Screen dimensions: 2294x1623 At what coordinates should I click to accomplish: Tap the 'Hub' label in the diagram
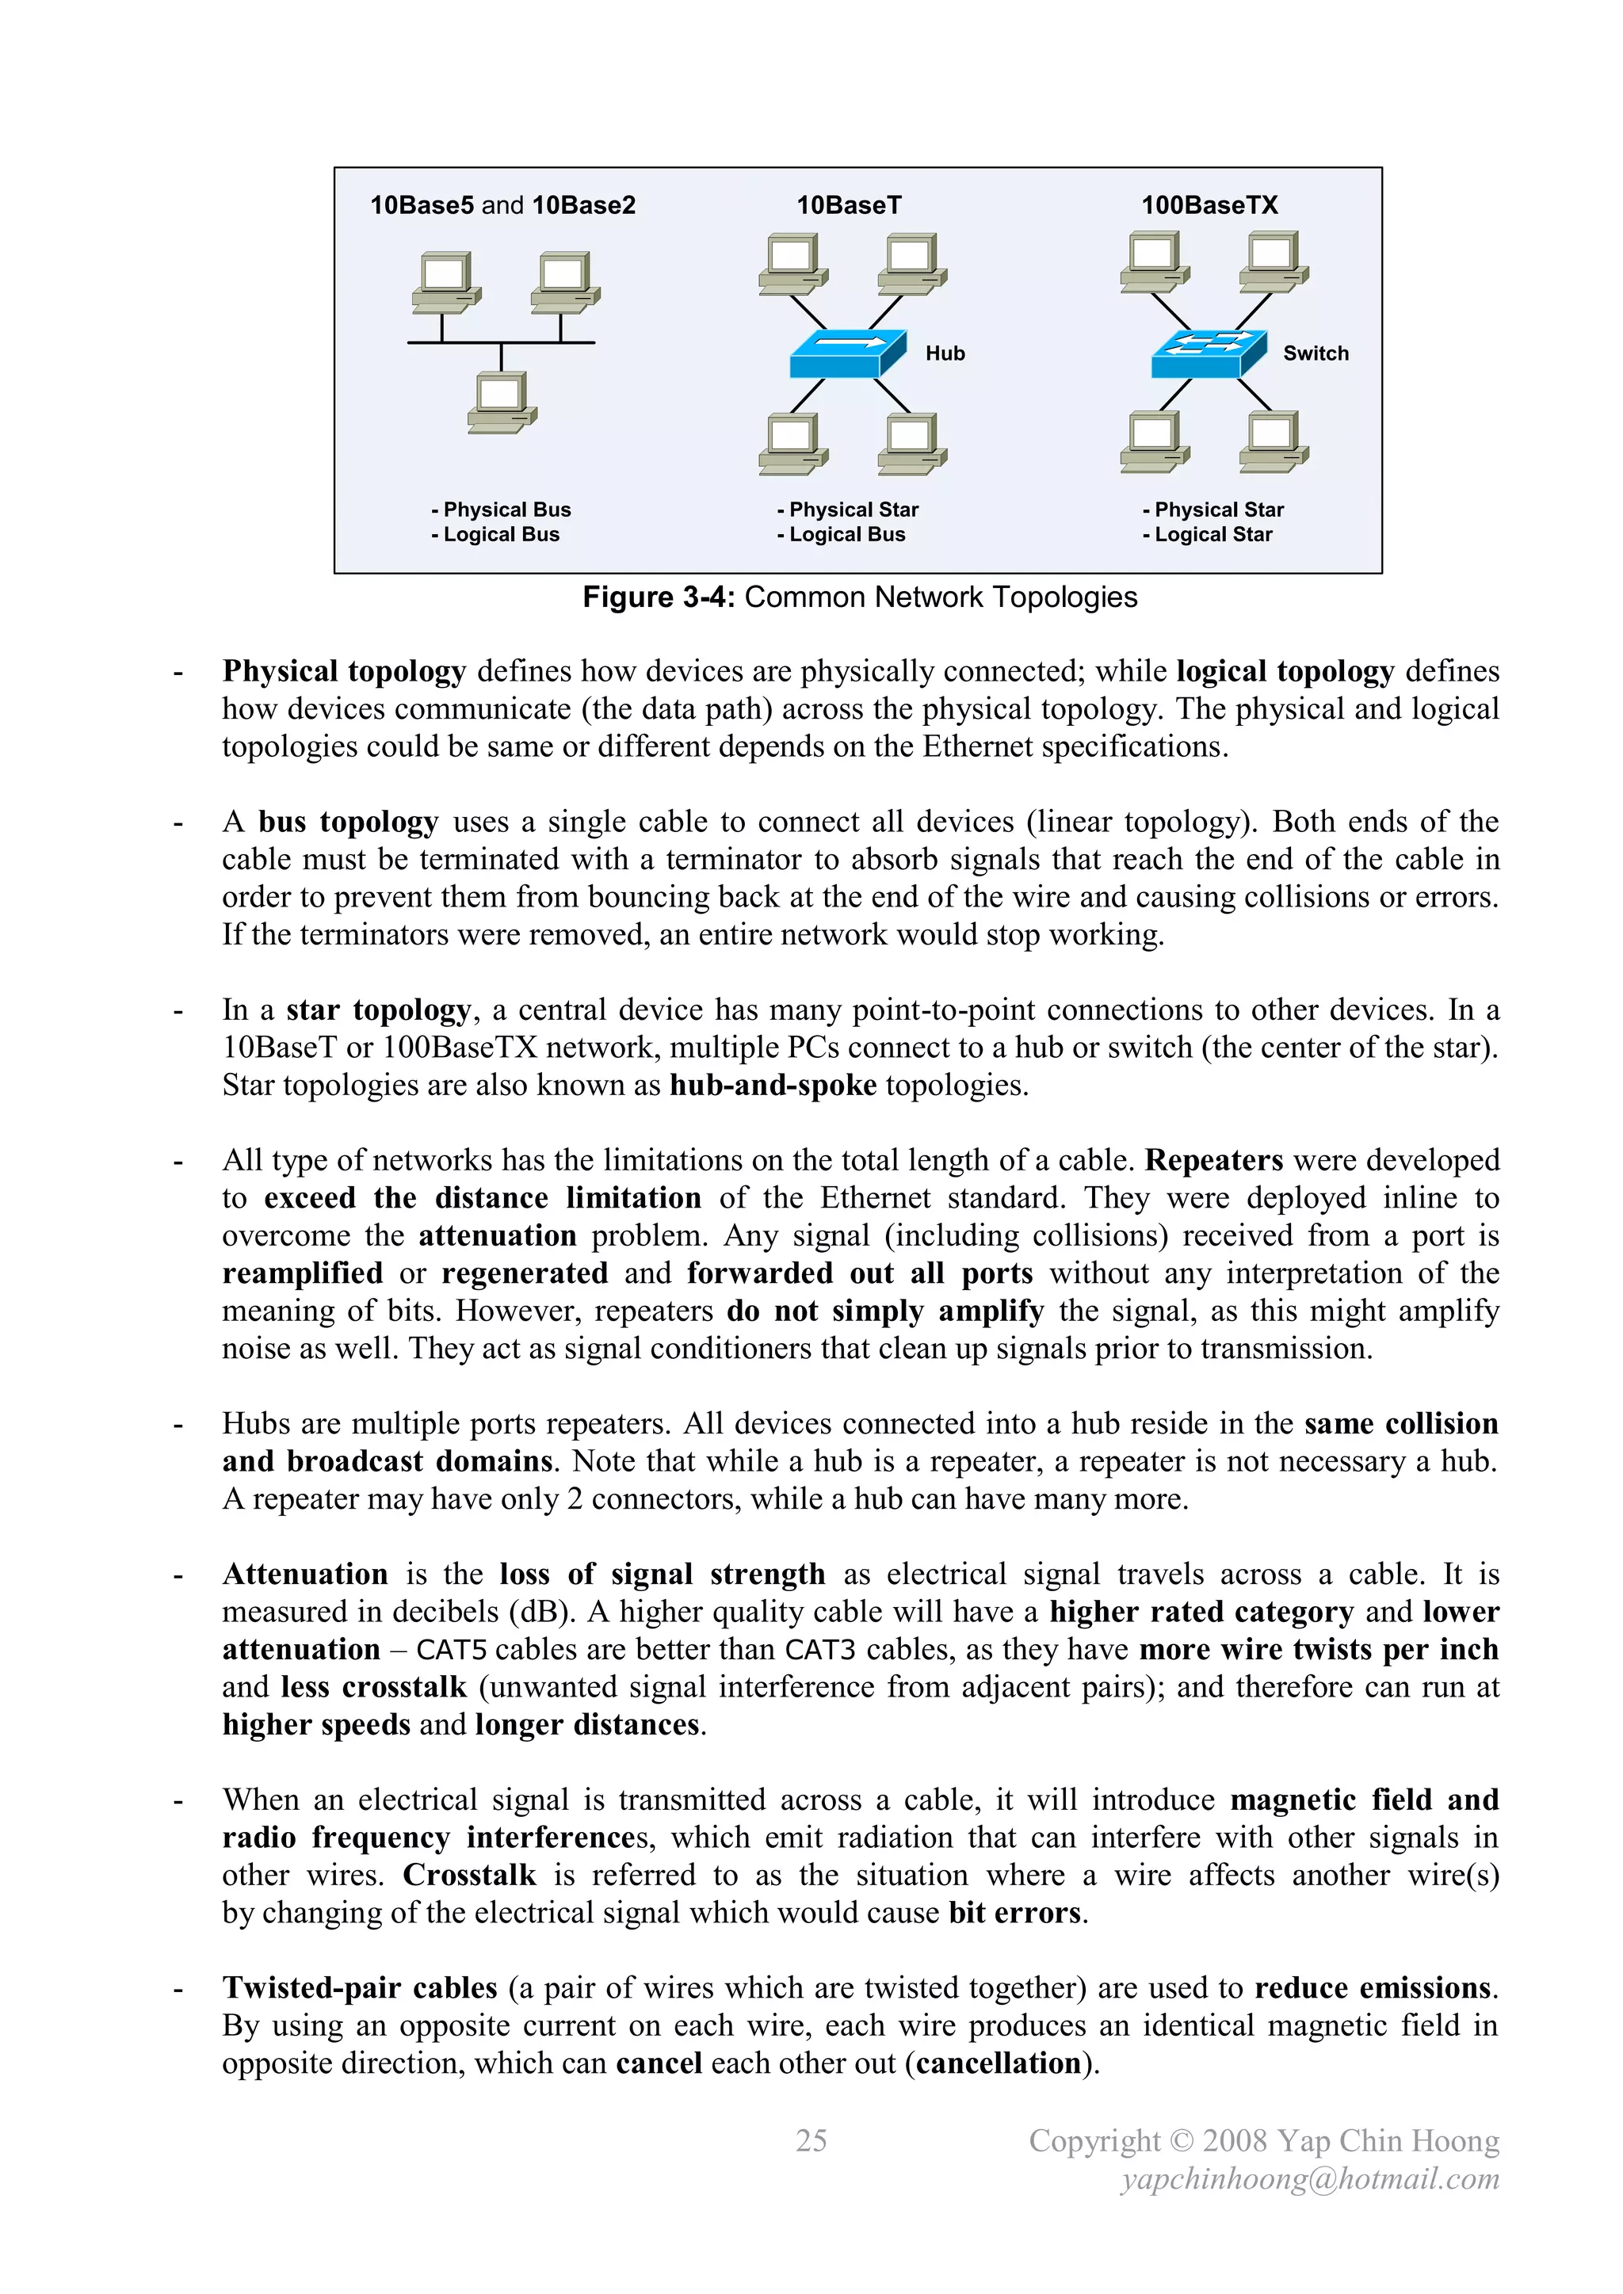tap(945, 353)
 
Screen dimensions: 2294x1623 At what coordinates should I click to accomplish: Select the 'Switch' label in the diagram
tap(1316, 353)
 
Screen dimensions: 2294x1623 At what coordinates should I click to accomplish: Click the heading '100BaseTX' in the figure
tap(1209, 206)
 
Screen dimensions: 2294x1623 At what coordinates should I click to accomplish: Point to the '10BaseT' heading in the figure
tap(849, 206)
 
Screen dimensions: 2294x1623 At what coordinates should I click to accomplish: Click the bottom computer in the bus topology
tap(502, 403)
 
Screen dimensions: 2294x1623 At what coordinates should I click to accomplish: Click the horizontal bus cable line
tap(500, 342)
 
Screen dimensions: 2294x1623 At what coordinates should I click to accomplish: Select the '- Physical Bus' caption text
tap(502, 510)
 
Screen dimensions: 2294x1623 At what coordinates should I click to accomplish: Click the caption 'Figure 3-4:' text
tap(659, 597)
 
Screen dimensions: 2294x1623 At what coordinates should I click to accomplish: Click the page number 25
tap(811, 2140)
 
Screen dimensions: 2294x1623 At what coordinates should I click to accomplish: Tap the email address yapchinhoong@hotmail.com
tap(1309, 2178)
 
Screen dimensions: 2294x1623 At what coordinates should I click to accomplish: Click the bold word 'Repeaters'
tap(1213, 1161)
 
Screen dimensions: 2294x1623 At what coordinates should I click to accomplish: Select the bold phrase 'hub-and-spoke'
tap(773, 1085)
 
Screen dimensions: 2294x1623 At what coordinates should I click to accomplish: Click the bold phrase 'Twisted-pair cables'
tap(360, 1988)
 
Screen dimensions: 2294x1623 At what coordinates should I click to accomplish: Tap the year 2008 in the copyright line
tap(1235, 2140)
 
